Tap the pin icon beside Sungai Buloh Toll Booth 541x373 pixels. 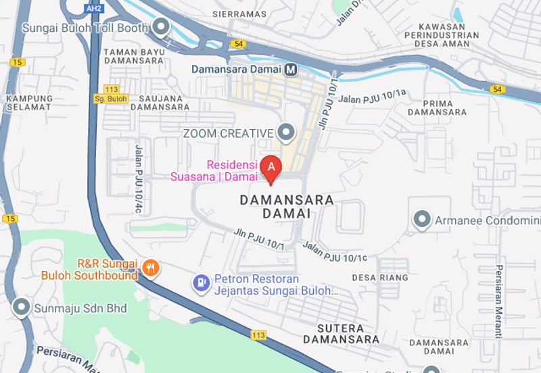[x=161, y=27]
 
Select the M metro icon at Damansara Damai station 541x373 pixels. [x=291, y=69]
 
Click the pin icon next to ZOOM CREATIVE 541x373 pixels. [x=287, y=132]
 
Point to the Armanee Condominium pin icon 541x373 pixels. [x=423, y=220]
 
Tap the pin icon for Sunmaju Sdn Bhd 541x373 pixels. [x=21, y=308]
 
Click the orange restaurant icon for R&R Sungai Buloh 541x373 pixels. [x=151, y=269]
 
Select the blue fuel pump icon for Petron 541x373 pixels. [x=201, y=283]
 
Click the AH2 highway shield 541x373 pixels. [x=93, y=7]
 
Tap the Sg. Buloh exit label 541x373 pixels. [x=111, y=99]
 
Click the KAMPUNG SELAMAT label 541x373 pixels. [x=28, y=102]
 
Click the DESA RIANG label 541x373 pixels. [x=380, y=278]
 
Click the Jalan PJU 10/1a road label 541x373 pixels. [x=373, y=97]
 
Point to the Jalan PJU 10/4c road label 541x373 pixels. [x=138, y=179]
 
